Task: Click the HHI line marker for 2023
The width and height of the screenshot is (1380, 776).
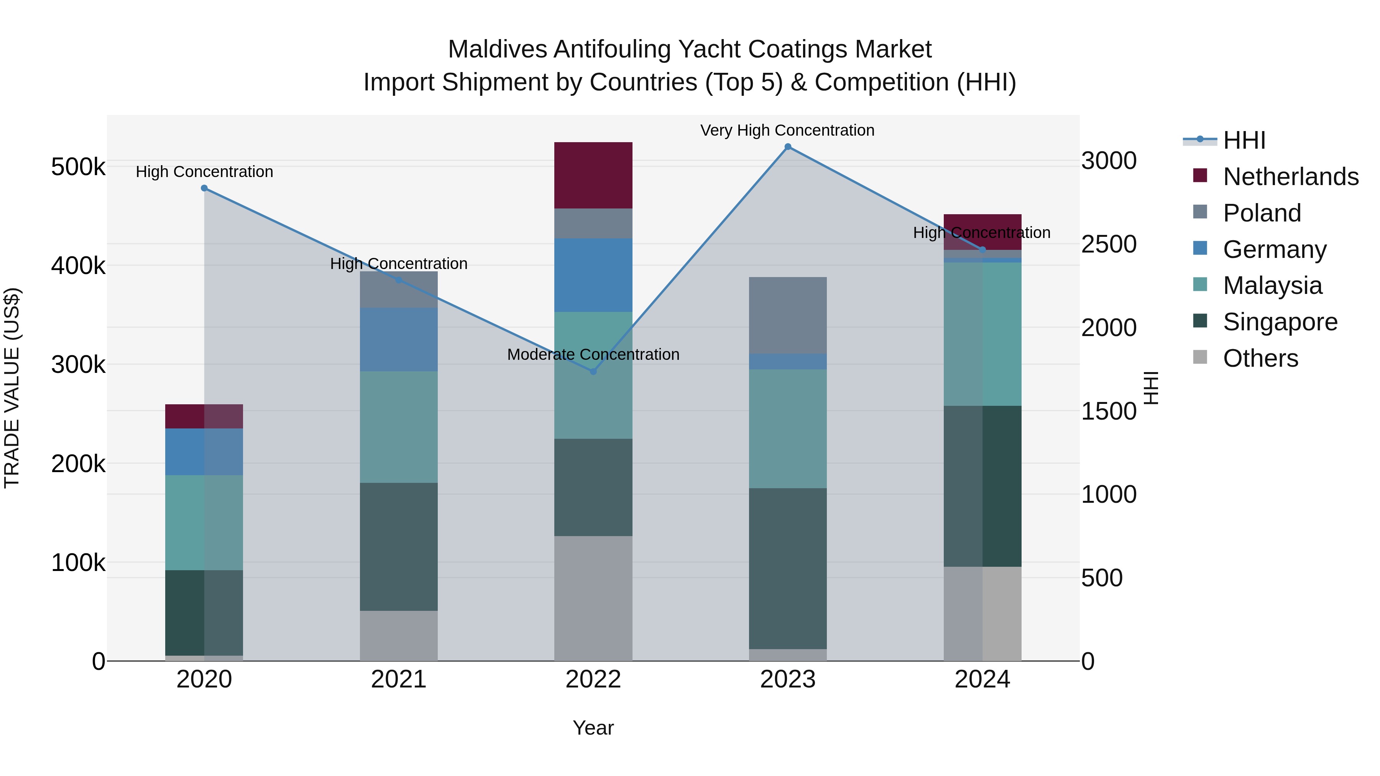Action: (787, 147)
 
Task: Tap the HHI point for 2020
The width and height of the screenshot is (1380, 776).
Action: (204, 189)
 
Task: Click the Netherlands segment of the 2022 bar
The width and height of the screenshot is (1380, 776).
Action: (593, 175)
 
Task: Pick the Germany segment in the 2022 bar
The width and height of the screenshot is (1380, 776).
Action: (593, 275)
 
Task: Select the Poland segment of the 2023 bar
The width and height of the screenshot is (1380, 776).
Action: (787, 315)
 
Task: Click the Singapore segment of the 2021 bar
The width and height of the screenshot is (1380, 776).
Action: (399, 546)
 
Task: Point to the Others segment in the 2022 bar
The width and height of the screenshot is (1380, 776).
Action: (593, 598)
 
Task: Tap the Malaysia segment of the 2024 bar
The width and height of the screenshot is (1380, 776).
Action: (982, 334)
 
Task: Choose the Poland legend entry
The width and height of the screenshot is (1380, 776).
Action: (1262, 213)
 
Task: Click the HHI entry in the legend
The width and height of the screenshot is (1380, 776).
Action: (1244, 140)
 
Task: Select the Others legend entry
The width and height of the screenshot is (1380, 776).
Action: (1260, 358)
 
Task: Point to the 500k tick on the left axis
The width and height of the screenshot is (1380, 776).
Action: (78, 167)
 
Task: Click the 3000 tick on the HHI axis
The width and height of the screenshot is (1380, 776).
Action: (1108, 161)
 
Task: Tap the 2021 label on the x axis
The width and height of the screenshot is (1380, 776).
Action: (399, 679)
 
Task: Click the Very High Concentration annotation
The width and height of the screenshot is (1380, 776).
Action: (787, 130)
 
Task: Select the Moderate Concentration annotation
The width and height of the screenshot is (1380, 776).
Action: (593, 354)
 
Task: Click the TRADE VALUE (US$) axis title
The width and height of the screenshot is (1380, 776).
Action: (12, 388)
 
